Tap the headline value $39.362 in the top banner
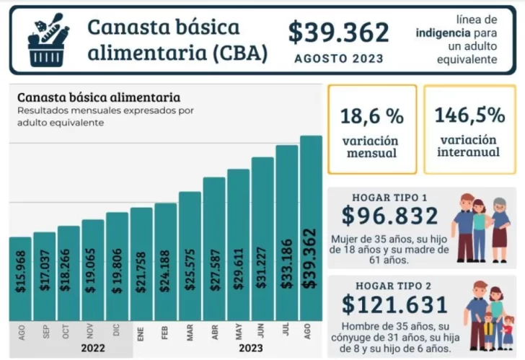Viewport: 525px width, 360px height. pyautogui.click(x=338, y=32)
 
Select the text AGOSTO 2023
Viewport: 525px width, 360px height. pyautogui.click(x=338, y=58)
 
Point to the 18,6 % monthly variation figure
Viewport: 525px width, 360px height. pyautogui.click(x=372, y=115)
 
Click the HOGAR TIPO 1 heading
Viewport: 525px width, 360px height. pyautogui.click(x=389, y=197)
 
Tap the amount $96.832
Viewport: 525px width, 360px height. pyautogui.click(x=389, y=216)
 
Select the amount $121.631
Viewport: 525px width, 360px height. pyautogui.click(x=394, y=304)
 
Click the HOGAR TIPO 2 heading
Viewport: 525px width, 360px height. pyautogui.click(x=389, y=285)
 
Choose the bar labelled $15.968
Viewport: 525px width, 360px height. pyautogui.click(x=21, y=278)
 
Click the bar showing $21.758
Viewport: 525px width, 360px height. pyautogui.click(x=141, y=264)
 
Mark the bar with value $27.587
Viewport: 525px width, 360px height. pyautogui.click(x=214, y=249)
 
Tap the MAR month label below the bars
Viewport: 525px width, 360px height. pyautogui.click(x=190, y=333)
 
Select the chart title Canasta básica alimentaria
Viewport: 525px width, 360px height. pyautogui.click(x=99, y=97)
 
